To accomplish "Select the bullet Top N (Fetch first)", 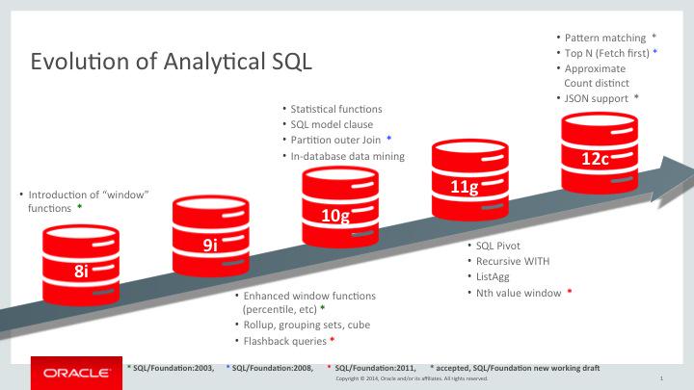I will coord(606,52).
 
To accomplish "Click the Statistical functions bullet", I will coord(336,109).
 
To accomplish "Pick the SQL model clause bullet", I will coord(332,124).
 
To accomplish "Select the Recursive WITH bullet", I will coord(509,260).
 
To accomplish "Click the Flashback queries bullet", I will coord(284,341).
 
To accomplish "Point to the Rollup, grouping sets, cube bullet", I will coord(306,325).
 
